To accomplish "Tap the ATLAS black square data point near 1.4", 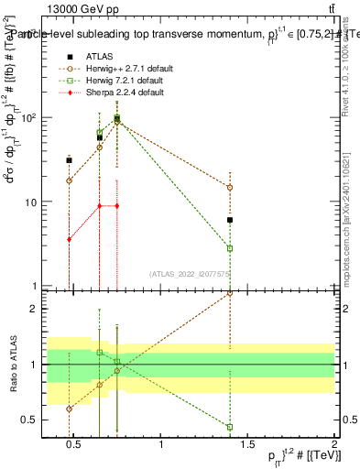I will [230, 220].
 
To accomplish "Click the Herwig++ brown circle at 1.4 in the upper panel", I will [230, 187].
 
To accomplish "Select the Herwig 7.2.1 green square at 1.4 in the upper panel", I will [230, 248].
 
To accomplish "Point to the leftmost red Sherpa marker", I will [69, 239].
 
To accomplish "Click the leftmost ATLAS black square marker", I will [69, 160].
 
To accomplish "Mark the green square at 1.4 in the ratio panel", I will [230, 427].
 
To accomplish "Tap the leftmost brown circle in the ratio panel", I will [69, 409].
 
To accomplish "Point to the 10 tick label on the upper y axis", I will [30, 202].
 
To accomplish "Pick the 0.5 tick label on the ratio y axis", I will [28, 420].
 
